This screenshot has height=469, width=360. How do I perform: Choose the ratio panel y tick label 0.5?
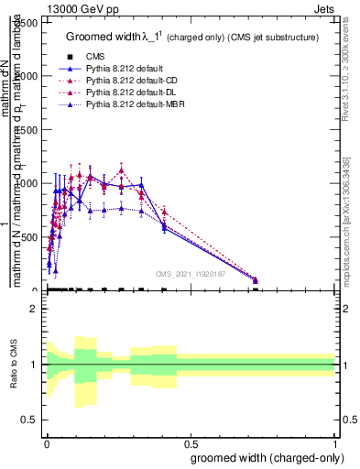tap(30, 420)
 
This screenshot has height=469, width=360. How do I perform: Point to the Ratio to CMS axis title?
tap(14, 365)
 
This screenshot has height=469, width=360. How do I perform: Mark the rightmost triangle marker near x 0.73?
tap(256, 280)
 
